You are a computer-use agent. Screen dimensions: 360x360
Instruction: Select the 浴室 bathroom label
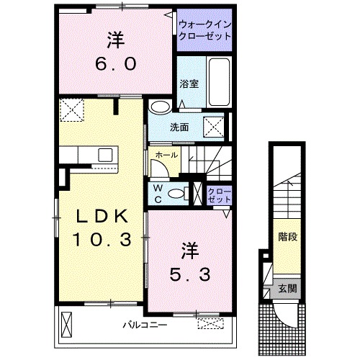click(189, 84)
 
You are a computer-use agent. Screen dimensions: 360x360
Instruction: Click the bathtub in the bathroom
click(218, 81)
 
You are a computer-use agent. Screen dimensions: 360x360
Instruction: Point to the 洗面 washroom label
click(179, 128)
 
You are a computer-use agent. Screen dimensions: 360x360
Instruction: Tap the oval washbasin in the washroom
click(161, 107)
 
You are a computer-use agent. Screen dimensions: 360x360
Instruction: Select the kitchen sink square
click(106, 154)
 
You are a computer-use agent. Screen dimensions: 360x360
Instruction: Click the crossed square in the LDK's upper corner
click(73, 111)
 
